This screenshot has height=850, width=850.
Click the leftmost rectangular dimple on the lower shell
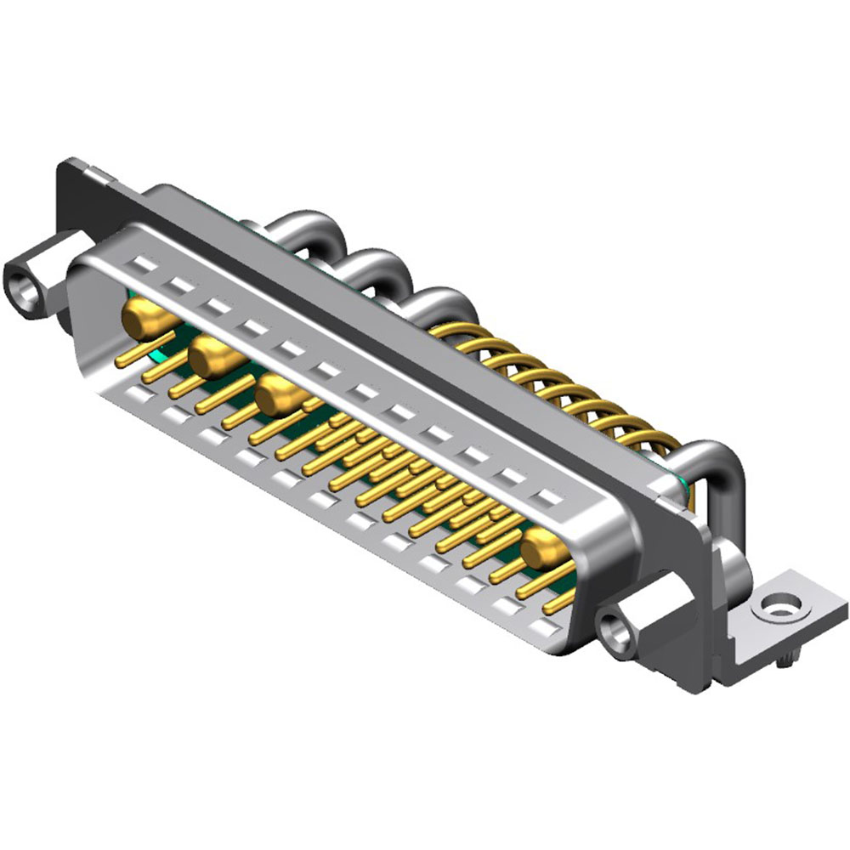[x=136, y=394]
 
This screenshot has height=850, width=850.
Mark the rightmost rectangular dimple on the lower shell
[x=548, y=630]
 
